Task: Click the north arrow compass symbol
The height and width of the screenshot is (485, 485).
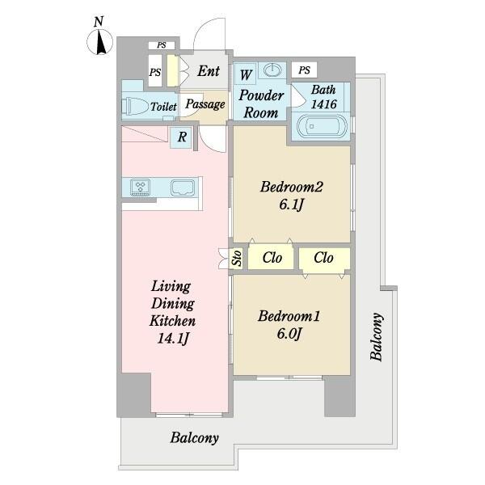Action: click(x=99, y=42)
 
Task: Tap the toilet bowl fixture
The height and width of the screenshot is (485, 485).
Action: click(x=135, y=107)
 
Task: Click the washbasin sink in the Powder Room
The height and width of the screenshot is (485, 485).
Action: click(x=273, y=70)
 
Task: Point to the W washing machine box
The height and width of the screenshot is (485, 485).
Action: click(x=246, y=74)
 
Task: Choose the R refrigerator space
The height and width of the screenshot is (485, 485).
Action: click(x=182, y=137)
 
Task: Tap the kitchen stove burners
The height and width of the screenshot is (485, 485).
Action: click(x=141, y=187)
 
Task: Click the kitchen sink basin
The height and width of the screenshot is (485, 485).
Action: click(x=183, y=188)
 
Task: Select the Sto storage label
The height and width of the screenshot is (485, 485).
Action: click(x=237, y=258)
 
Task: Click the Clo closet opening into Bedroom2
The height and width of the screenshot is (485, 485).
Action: click(x=272, y=257)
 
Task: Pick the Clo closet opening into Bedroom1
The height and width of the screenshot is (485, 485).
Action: click(x=324, y=258)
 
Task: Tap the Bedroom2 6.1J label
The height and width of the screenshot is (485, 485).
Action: click(x=291, y=195)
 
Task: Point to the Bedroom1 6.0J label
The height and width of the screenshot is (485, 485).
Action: click(x=289, y=324)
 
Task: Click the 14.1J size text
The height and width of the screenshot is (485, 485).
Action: click(x=173, y=338)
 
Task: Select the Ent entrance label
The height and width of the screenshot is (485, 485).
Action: click(x=209, y=71)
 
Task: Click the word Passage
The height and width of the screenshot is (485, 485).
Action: click(x=205, y=104)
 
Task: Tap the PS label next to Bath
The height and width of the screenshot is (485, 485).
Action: click(x=305, y=70)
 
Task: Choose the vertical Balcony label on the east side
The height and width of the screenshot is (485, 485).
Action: click(x=377, y=337)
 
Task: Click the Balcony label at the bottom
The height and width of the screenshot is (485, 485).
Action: click(x=195, y=438)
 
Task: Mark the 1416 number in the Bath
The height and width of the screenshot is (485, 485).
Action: click(x=323, y=104)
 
